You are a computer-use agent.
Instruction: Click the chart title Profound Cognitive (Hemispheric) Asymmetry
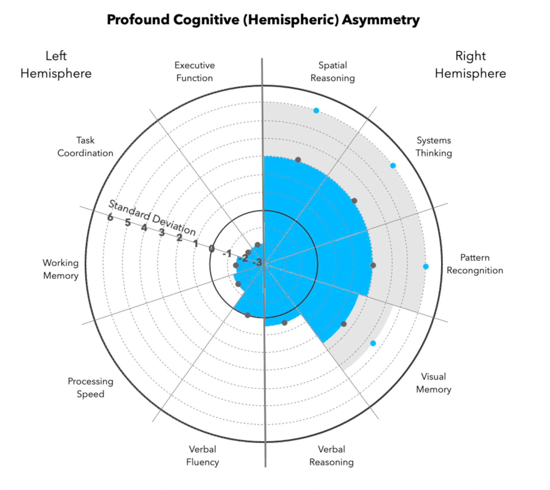coord(263,20)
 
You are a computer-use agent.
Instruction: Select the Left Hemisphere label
coord(56,65)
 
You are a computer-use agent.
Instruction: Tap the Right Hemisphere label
coord(470,65)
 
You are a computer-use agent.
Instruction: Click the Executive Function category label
coord(194,71)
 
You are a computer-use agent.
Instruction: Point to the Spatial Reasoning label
coord(333,71)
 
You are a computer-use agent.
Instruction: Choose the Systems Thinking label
coord(434,147)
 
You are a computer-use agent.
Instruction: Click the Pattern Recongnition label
coord(475,264)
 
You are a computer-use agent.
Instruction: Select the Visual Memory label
coord(433,383)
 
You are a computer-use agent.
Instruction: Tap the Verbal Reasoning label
coord(331,455)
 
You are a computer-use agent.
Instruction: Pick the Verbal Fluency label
coord(202,455)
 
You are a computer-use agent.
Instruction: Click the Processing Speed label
coord(91,388)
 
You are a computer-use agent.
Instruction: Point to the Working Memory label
coord(61,269)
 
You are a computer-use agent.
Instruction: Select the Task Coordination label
coord(85,147)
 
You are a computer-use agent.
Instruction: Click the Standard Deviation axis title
coord(152,218)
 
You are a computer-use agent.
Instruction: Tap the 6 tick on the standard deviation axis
coord(110,217)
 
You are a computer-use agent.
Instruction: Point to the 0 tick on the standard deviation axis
coord(211,248)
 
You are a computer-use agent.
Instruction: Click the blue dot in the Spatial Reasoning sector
coord(316,111)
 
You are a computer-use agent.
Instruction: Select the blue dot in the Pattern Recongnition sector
coord(426,267)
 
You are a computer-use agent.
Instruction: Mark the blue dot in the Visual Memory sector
coord(373,343)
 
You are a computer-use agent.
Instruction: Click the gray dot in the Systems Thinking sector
coord(354,201)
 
